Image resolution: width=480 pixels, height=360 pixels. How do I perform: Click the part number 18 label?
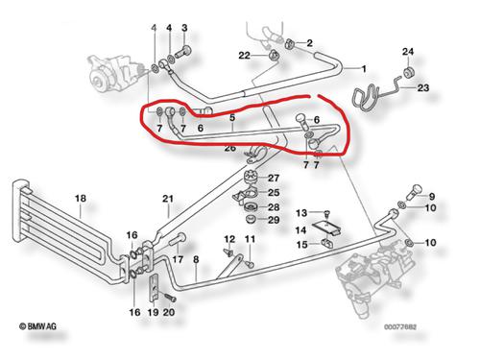coord(81,199)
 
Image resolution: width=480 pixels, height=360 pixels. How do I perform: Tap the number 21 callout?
coord(168,199)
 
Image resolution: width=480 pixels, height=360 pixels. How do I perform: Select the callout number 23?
coord(423,87)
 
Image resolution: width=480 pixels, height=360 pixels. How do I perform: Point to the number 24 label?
coord(408,52)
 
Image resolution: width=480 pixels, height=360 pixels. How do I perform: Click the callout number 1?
coord(364,69)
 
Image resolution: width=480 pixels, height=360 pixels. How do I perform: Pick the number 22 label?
coord(244,56)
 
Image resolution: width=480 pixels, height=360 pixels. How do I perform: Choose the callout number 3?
coord(184,28)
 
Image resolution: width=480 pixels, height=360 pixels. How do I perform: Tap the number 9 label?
coord(432,196)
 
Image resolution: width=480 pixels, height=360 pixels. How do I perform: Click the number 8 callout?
coord(196,259)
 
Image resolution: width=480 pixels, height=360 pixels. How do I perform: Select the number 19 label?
coord(154,312)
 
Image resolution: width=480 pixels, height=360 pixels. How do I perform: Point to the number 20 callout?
coord(169,312)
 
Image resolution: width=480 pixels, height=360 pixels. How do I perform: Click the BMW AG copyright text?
coord(37,326)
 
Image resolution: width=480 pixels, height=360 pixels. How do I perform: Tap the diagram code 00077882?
coord(400,327)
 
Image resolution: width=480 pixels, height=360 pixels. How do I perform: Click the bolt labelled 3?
coord(182,52)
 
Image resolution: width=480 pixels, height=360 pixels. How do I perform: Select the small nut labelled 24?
coord(408,72)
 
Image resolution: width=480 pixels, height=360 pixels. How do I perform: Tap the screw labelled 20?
coord(170,298)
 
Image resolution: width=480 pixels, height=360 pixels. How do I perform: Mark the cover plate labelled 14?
coord(326,228)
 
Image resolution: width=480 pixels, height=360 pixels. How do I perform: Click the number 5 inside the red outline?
coord(232,117)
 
